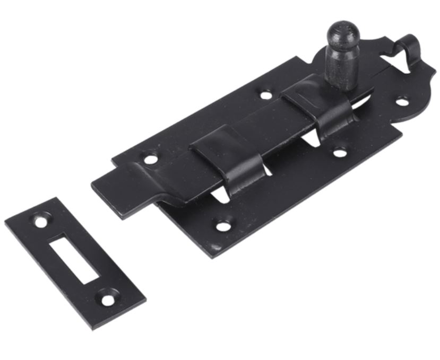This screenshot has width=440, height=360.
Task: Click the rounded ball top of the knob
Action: [x=342, y=33]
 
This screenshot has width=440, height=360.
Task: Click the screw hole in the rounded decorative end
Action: [x=403, y=101]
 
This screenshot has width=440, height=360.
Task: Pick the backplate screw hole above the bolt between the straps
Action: [x=266, y=95]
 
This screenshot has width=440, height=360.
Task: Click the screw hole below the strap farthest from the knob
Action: [x=224, y=225]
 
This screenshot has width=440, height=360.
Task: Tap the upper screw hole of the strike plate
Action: [x=40, y=218]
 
